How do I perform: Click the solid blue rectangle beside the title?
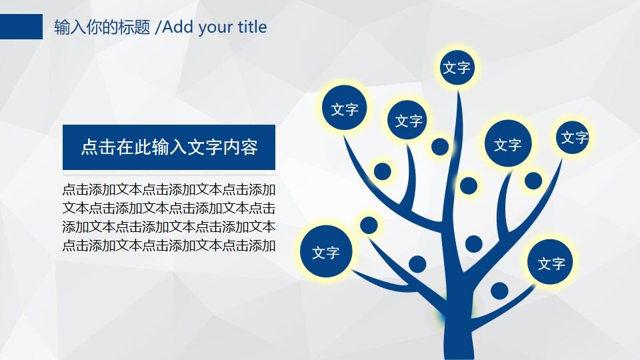click(x=21, y=27)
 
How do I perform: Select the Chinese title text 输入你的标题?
click(x=102, y=27)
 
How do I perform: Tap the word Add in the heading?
click(x=177, y=27)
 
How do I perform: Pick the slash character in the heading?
click(x=157, y=27)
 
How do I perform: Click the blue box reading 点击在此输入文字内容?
click(x=169, y=147)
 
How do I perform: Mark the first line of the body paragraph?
click(x=169, y=189)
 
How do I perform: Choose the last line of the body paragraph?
click(x=169, y=245)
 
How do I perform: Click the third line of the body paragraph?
click(x=169, y=227)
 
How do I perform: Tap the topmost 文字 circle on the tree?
click(x=457, y=67)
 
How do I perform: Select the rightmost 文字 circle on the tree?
click(x=573, y=137)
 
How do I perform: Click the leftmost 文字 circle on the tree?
click(x=325, y=253)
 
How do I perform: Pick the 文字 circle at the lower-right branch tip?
click(x=551, y=263)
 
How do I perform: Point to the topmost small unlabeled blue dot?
click(x=440, y=147)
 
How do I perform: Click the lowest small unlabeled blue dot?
click(x=499, y=291)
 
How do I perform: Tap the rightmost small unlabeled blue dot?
click(x=533, y=180)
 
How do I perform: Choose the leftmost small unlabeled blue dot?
click(x=369, y=225)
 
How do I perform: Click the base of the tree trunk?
click(x=458, y=343)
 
